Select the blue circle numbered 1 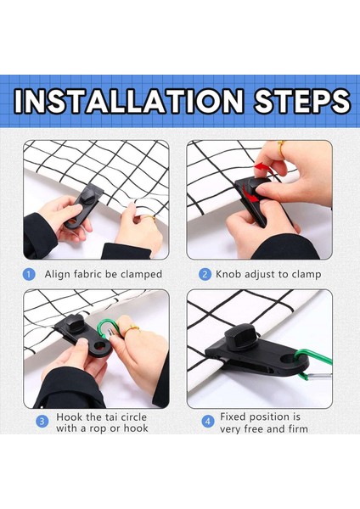click(29, 274)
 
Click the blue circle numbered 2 click(205, 274)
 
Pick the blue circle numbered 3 click(42, 422)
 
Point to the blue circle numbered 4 click(207, 421)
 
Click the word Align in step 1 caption click(59, 274)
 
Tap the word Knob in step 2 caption click(229, 274)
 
